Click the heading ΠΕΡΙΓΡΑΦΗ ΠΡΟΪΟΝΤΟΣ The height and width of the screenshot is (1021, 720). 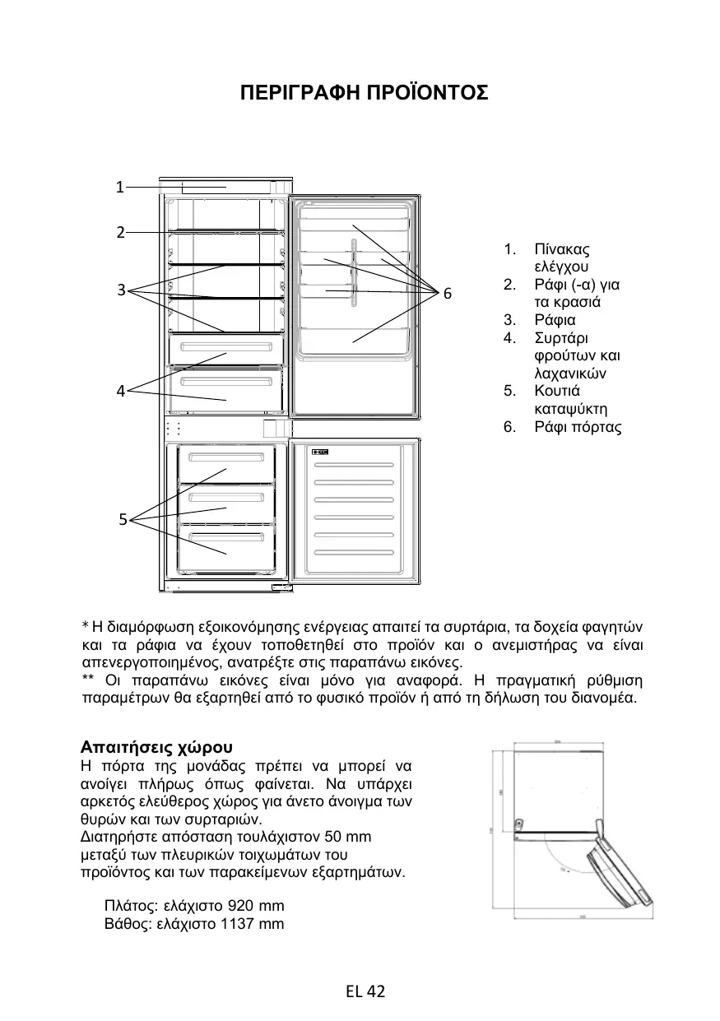coord(364,92)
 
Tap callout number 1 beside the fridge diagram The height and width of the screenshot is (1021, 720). coord(119,187)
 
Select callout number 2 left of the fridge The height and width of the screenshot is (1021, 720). coord(119,232)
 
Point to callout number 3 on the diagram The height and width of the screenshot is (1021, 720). coord(120,290)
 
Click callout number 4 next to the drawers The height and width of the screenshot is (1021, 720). coord(120,391)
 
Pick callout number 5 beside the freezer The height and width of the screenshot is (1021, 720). coord(122,519)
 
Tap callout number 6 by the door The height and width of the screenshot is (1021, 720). coord(447,294)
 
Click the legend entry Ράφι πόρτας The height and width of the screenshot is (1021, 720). coord(578,427)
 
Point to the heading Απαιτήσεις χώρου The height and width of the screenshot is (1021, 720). coord(157,748)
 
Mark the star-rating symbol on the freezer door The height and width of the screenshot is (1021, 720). coord(321,452)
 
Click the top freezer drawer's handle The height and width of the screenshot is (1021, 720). coord(226,457)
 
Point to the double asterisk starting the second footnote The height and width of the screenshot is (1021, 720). coord(88,680)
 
